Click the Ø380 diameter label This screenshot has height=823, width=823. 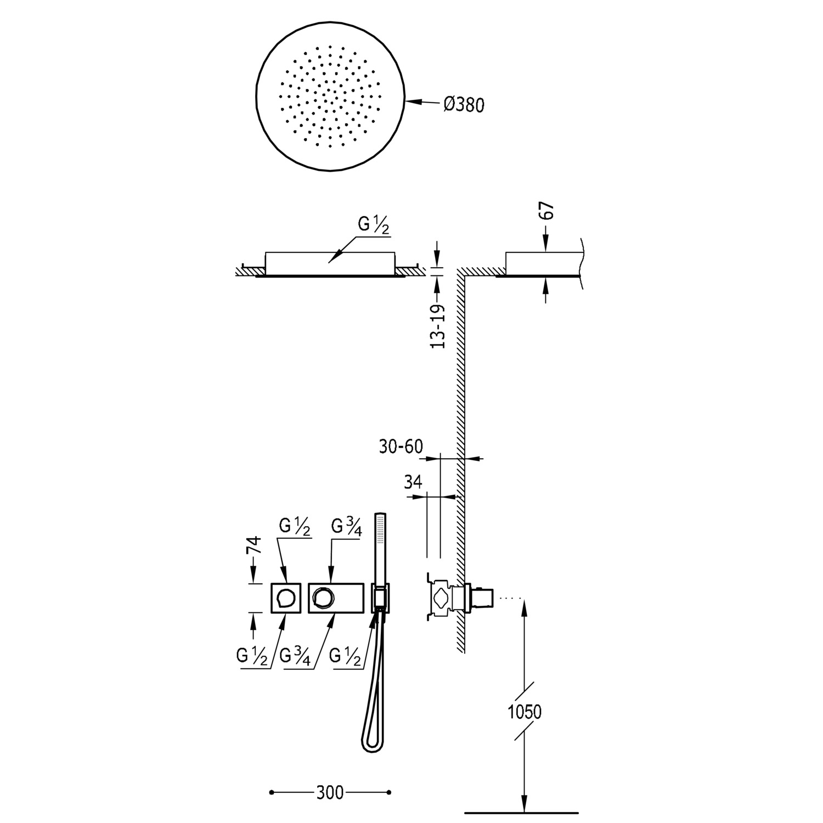pyautogui.click(x=464, y=104)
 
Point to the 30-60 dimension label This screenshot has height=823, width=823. pyautogui.click(x=401, y=447)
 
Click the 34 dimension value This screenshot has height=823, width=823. pyautogui.click(x=413, y=482)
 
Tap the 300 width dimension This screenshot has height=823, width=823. pyautogui.click(x=329, y=792)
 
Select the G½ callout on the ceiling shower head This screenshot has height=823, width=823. pyautogui.click(x=374, y=225)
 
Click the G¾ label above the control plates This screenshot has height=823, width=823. pyautogui.click(x=347, y=527)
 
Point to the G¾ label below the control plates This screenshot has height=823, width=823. pyautogui.click(x=295, y=656)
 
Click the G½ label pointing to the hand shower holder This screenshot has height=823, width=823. pyautogui.click(x=346, y=656)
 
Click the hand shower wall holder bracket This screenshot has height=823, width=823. pyautogui.click(x=380, y=597)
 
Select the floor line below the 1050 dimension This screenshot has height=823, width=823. pyautogui.click(x=521, y=812)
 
